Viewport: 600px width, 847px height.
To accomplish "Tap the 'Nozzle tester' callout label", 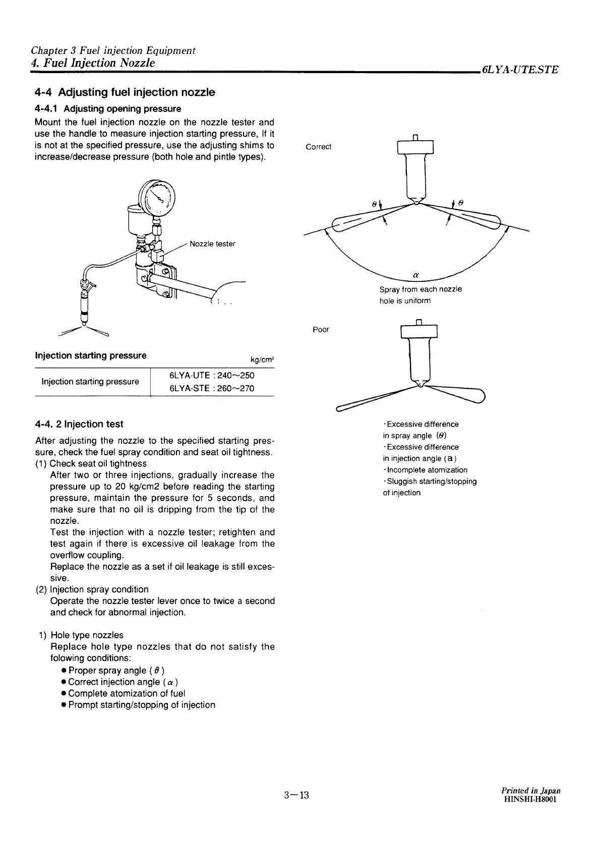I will (212, 244).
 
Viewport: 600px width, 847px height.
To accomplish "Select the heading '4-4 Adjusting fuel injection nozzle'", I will (125, 92).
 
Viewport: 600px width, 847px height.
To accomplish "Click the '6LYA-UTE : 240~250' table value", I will (212, 376).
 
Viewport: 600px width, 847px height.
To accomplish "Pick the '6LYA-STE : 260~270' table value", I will (212, 388).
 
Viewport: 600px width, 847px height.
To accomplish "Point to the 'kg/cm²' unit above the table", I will (262, 360).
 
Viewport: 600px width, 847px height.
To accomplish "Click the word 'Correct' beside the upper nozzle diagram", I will (319, 147).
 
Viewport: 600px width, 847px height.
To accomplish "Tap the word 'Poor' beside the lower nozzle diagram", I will (321, 330).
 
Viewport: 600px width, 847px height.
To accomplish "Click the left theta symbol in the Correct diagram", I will (374, 204).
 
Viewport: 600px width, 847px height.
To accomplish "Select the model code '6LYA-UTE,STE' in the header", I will (520, 70).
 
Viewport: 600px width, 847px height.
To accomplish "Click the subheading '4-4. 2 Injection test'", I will (79, 424).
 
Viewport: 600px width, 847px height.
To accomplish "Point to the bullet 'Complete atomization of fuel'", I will (127, 693).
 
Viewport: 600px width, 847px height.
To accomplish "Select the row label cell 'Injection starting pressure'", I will (90, 382).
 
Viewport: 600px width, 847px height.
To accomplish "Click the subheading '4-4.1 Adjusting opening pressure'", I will (108, 108).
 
